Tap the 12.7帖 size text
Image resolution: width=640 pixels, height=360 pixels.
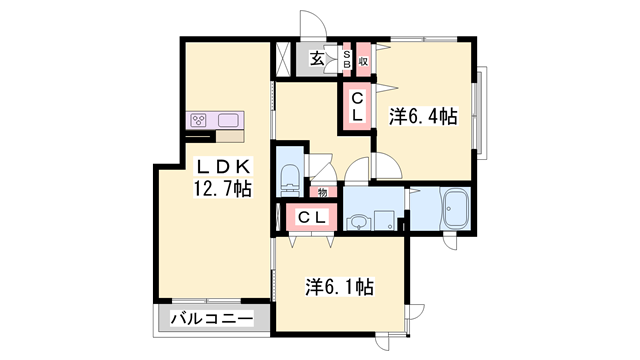pos(223,188)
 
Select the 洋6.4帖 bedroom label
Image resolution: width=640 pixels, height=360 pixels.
pos(423,117)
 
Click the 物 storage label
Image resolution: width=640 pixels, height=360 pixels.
pos(322,192)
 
